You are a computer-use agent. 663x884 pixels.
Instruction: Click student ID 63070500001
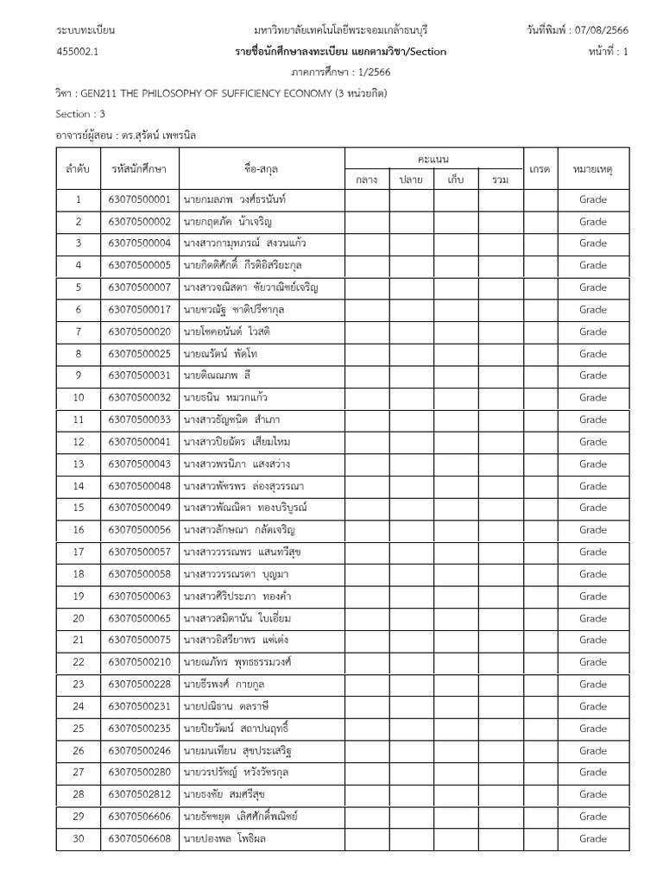(x=139, y=199)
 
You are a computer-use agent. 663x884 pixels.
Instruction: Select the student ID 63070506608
(x=139, y=838)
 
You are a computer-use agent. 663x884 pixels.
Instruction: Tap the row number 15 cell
(x=78, y=508)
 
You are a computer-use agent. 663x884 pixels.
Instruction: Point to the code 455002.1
(x=78, y=52)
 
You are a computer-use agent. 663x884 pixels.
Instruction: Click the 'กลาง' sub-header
(x=367, y=180)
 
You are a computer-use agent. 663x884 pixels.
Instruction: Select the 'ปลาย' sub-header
(x=411, y=180)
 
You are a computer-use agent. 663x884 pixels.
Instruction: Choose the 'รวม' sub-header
(x=500, y=180)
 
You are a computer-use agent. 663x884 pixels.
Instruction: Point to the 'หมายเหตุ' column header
(x=593, y=168)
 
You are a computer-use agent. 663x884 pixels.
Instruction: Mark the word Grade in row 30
(x=593, y=838)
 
